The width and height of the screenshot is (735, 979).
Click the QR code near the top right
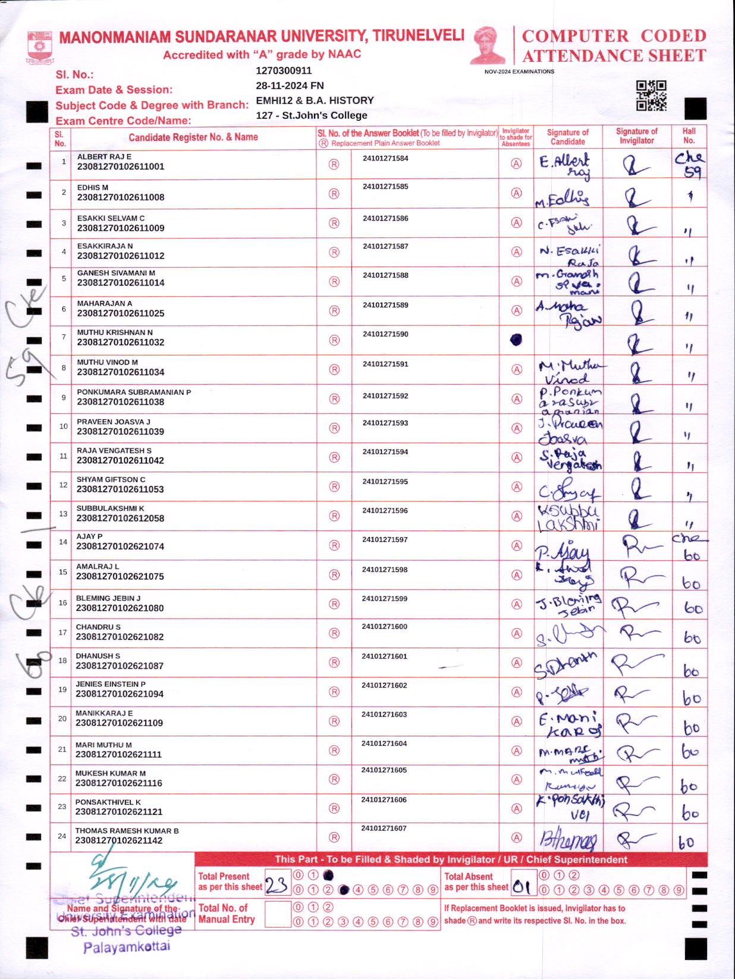point(651,95)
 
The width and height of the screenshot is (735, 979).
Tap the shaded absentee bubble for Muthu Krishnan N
point(516,340)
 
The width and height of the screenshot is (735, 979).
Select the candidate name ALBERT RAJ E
point(104,156)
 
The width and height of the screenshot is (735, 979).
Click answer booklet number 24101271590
point(385,334)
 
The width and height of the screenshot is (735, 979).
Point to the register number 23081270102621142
point(118,840)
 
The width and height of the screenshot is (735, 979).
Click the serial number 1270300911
point(284,71)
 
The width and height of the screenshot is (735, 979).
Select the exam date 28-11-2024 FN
point(290,86)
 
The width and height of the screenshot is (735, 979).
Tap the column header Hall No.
point(689,136)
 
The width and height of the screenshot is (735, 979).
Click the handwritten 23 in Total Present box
point(276,886)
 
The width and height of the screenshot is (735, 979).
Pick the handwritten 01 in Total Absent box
point(521,887)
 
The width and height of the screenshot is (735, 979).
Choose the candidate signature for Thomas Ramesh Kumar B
point(567,839)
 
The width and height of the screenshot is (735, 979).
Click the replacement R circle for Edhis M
point(334,194)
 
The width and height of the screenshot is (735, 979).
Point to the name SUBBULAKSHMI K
point(110,509)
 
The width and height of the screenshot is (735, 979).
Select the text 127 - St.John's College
point(312,115)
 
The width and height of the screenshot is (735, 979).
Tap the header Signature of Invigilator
point(636,136)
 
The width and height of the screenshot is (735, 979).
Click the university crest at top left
point(40,48)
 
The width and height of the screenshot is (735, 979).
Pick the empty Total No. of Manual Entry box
point(277,914)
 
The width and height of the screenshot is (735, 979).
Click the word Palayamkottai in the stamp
point(127,947)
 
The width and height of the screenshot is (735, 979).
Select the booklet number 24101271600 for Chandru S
point(384,627)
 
